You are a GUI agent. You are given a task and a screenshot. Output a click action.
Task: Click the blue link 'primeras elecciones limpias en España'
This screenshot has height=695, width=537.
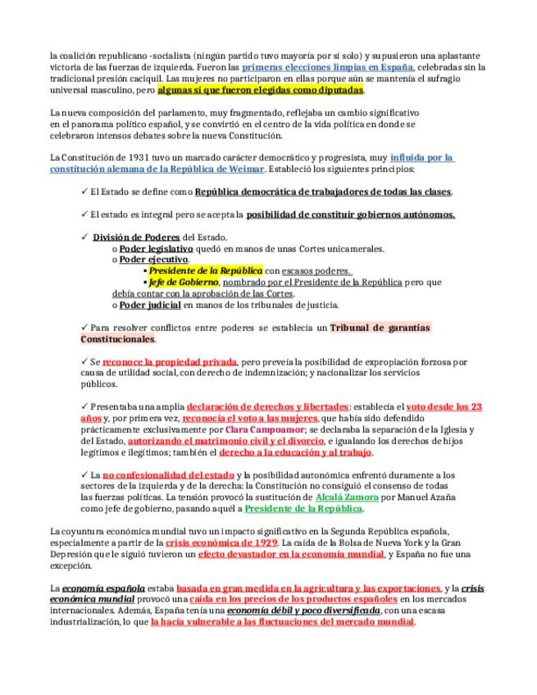coord(328,66)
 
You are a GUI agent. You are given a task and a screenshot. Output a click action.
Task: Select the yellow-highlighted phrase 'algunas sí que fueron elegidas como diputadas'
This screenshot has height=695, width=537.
coord(260,89)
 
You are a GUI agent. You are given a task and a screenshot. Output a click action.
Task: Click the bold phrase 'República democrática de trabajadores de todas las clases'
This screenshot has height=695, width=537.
coord(323,192)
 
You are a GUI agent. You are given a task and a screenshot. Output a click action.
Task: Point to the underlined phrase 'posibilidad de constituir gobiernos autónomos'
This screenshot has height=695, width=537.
coord(350,215)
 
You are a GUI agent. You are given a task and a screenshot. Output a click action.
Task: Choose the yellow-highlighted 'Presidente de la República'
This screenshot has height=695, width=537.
coord(205,270)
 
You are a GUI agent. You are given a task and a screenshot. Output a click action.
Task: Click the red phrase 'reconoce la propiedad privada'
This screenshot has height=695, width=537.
coord(170,361)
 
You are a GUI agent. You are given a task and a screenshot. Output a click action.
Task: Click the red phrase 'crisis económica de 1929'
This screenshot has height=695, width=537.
coord(221,543)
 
